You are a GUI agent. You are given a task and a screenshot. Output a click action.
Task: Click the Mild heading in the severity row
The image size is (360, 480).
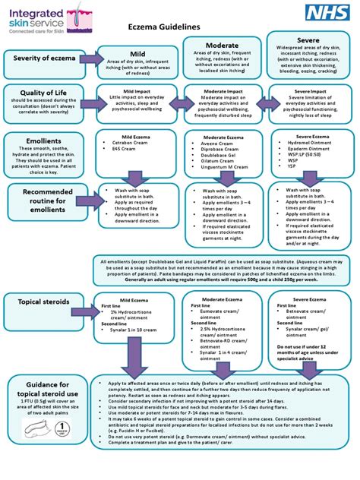tap(137, 54)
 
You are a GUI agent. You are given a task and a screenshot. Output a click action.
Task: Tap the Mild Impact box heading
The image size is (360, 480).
tap(138, 90)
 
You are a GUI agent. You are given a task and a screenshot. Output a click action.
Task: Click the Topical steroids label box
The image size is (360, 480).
tap(42, 302)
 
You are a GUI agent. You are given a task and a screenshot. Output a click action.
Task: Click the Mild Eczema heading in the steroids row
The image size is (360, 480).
tap(137, 299)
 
